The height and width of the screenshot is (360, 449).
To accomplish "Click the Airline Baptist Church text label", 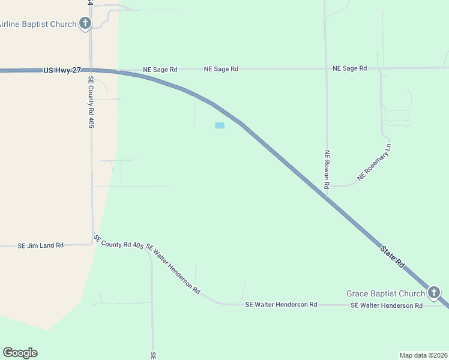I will [38, 24].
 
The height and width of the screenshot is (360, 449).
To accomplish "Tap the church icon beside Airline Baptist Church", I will [85, 24].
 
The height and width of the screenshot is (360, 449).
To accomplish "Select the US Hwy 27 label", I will [62, 70].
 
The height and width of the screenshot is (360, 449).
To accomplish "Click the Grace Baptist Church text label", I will [385, 293].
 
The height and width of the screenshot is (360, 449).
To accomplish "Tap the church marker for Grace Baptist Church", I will [434, 293].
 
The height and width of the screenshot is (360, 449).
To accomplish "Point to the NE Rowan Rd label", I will [327, 170].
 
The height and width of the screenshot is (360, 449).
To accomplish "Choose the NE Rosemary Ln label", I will [374, 162].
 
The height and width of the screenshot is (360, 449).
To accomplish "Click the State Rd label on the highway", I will [393, 256].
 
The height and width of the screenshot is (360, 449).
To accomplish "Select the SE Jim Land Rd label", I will [40, 245].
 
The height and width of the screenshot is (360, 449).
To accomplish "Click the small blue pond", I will [220, 125].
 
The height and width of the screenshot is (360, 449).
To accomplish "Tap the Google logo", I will [20, 352].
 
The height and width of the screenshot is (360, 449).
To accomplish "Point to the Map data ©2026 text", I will [423, 355].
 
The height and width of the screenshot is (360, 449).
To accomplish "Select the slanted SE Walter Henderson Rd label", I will [173, 269].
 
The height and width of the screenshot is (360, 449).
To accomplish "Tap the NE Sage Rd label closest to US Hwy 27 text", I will [160, 70].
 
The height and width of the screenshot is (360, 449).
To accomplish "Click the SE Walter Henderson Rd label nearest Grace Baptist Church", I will [387, 305].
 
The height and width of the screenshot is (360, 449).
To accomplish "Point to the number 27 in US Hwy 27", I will [76, 70].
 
